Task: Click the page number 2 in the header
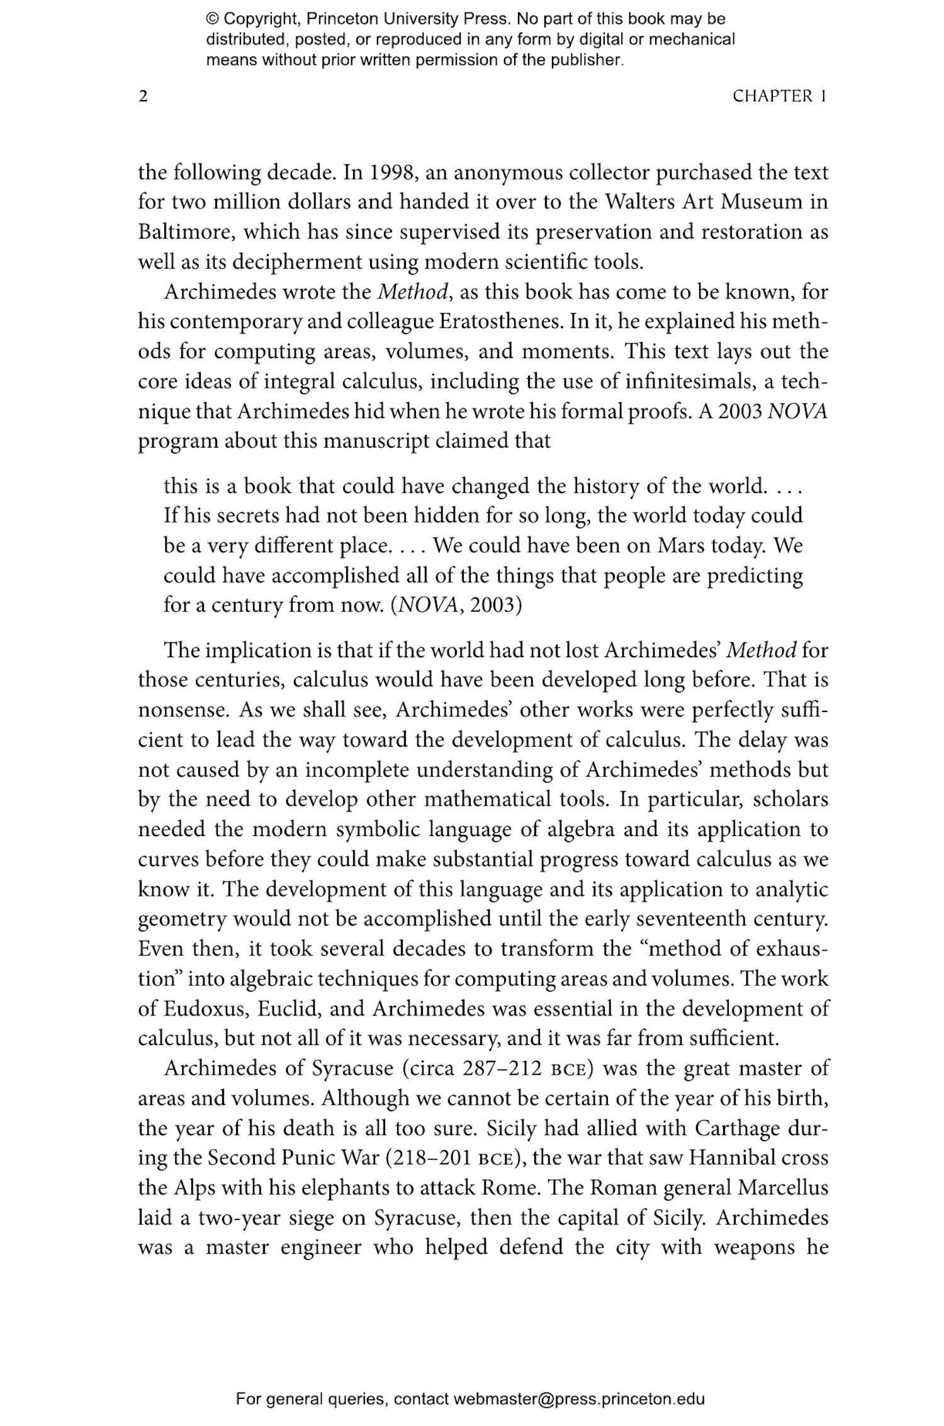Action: coord(143,96)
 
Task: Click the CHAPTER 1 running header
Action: coord(779,96)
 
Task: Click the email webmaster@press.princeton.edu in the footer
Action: coord(578,1399)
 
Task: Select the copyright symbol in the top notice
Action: coord(213,19)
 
